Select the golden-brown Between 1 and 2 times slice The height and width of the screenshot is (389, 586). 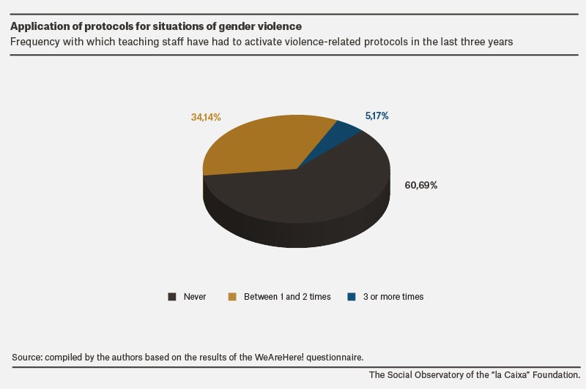[x=258, y=146]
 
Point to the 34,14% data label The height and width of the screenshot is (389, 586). [x=206, y=117]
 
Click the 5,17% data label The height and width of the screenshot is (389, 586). [x=377, y=116]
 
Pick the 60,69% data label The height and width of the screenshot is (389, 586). [x=420, y=186]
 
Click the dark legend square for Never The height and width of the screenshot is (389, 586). [x=172, y=297]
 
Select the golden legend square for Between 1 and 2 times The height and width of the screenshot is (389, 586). [x=232, y=297]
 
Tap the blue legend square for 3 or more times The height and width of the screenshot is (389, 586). [x=352, y=297]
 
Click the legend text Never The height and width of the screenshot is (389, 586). [x=195, y=297]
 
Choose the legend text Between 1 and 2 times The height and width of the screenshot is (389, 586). [x=287, y=297]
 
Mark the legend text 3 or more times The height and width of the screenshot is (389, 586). [x=393, y=297]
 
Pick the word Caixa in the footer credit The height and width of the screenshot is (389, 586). [x=516, y=375]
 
